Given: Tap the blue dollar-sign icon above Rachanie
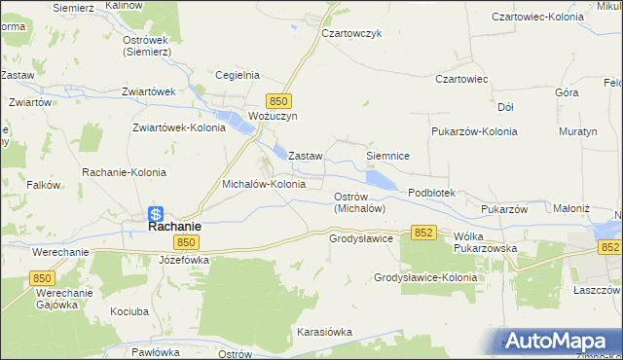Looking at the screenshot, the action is [156, 213].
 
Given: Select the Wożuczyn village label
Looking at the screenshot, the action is [272, 116].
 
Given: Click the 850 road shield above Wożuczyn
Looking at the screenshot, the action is [279, 100].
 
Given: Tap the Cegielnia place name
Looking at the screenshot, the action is [236, 74].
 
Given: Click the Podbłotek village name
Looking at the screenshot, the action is [431, 193].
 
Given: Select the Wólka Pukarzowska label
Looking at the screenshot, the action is [485, 242].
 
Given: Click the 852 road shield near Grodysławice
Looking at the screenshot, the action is [422, 232].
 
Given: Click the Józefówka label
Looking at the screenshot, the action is [184, 261].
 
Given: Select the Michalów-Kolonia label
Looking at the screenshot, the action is [264, 183].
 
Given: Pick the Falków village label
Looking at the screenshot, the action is [45, 184].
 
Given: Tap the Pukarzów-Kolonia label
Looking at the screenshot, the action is [474, 130].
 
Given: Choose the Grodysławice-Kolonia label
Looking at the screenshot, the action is [425, 277].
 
